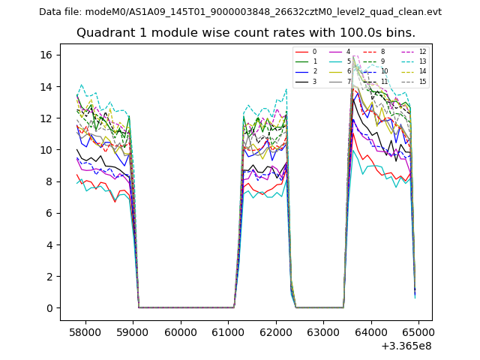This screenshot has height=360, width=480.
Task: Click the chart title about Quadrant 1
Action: click(x=246, y=33)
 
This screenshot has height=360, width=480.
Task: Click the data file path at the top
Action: click(x=240, y=12)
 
